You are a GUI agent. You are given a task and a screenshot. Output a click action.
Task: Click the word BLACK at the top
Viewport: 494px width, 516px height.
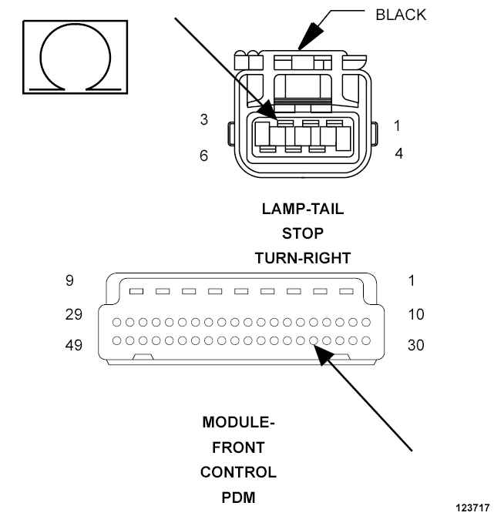click(401, 15)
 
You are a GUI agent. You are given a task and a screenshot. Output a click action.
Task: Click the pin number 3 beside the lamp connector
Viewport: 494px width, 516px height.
click(204, 119)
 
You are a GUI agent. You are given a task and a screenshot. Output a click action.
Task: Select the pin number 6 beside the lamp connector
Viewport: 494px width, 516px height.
click(204, 156)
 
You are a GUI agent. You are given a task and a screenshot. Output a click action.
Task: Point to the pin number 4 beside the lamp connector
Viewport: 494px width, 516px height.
click(399, 154)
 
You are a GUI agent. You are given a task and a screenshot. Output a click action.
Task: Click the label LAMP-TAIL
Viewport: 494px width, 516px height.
click(303, 209)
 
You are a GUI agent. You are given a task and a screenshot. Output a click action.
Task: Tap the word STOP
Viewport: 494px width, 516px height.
click(303, 233)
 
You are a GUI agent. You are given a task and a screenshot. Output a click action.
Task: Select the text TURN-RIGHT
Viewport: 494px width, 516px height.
click(303, 258)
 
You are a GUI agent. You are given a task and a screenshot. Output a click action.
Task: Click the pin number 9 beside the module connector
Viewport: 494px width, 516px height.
click(69, 280)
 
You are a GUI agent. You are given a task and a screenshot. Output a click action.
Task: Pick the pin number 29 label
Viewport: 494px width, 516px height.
click(74, 314)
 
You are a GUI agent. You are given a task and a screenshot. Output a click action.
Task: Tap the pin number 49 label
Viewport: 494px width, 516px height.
click(74, 345)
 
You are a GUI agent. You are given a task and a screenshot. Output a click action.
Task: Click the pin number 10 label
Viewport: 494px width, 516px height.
click(416, 314)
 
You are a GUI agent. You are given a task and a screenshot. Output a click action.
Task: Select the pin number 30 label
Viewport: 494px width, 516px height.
click(416, 345)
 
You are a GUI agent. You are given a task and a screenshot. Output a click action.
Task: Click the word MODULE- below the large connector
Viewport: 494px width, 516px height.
click(238, 423)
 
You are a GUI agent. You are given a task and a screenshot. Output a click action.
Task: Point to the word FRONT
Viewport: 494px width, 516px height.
click(238, 447)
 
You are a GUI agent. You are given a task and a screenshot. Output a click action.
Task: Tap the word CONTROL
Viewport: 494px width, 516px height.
click(238, 473)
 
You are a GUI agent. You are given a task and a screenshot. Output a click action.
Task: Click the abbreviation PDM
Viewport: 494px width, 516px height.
click(238, 498)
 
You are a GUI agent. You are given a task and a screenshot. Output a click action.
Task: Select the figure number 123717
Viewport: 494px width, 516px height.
click(472, 508)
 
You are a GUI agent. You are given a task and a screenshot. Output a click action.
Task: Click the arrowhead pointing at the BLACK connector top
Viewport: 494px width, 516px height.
click(310, 37)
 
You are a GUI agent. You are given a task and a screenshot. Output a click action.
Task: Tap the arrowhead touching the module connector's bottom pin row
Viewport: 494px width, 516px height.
click(323, 354)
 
